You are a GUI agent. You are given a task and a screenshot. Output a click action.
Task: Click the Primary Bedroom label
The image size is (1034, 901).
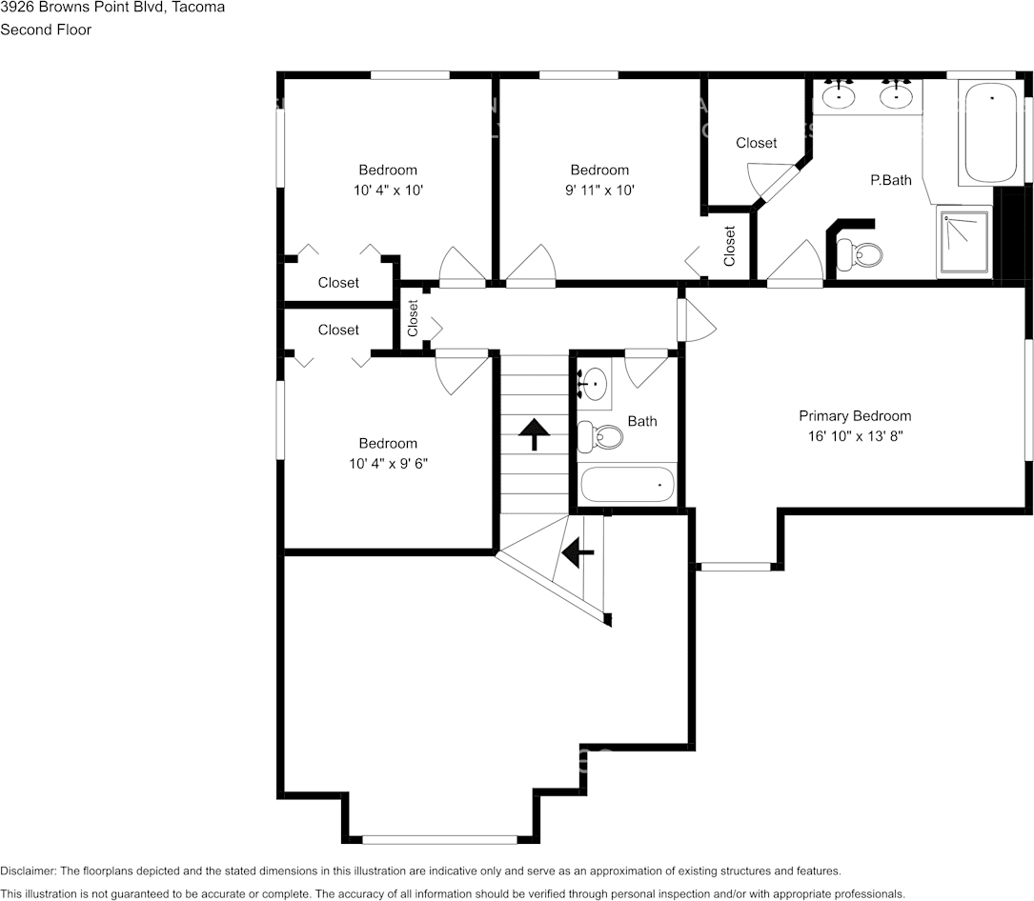pos(854,416)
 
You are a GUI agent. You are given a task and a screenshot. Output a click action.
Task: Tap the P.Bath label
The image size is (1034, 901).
pos(891,179)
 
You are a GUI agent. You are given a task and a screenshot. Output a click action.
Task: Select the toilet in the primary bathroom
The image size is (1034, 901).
pos(861,254)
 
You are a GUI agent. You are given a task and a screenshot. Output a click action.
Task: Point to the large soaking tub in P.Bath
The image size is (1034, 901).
pos(991,133)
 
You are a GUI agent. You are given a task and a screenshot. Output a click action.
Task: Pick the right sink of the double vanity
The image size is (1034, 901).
pos(896,95)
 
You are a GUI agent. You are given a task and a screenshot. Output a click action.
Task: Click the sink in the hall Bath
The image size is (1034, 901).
pos(595,384)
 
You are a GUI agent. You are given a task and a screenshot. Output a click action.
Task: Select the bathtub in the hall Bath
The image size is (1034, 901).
pos(627,485)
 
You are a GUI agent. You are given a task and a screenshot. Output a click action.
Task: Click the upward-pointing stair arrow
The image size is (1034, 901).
pos(534,434)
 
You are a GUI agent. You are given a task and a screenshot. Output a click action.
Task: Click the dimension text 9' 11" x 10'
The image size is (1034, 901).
pos(600,190)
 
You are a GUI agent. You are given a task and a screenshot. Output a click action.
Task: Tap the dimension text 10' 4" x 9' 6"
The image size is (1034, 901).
pos(388,463)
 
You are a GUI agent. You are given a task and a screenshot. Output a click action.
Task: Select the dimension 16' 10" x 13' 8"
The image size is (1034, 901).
pos(854,436)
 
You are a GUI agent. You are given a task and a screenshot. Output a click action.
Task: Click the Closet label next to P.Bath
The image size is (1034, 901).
pos(756,143)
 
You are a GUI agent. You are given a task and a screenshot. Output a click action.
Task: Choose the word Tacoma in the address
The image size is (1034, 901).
pos(201,8)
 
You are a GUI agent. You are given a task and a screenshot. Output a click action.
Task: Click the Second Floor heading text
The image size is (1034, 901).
pos(46,30)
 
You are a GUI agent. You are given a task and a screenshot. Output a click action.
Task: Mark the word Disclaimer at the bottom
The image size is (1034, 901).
pos(27,871)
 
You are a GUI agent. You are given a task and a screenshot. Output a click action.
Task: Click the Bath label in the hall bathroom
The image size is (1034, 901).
pos(641,421)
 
